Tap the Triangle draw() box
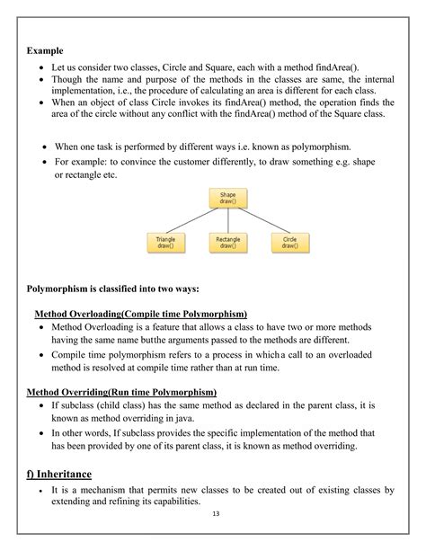(x=165, y=243)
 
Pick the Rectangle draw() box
(x=226, y=243)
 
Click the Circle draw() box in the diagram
(x=289, y=243)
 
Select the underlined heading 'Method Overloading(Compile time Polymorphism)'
(x=140, y=314)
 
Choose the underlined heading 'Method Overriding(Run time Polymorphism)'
(x=121, y=393)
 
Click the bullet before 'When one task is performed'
(x=46, y=146)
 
